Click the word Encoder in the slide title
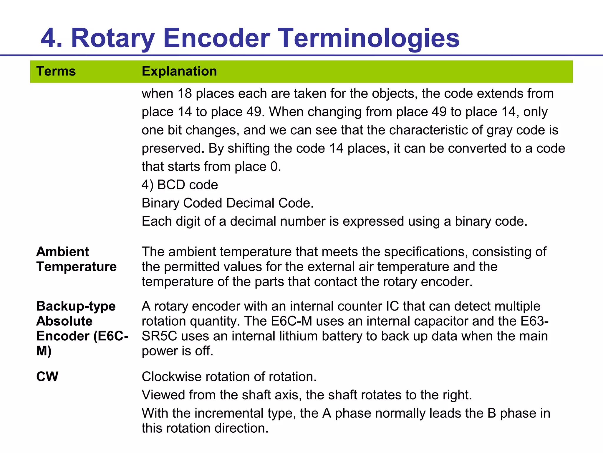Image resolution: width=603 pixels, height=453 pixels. coord(216,38)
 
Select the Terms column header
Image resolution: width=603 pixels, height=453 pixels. coord(56,71)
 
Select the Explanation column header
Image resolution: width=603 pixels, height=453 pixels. coord(179,71)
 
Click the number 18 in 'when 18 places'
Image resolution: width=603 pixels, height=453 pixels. coord(185,94)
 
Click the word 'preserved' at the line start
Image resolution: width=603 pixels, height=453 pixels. coord(173,149)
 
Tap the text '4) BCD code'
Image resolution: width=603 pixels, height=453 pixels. coord(180,185)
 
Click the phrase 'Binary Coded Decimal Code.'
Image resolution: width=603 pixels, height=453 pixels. coord(228,203)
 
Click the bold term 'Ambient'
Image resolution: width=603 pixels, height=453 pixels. coord(62,252)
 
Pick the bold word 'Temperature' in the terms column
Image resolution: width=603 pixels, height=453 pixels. coord(77,267)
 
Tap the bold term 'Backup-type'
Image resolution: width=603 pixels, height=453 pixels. coord(76,306)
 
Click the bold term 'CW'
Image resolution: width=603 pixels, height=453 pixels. coord(47,377)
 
